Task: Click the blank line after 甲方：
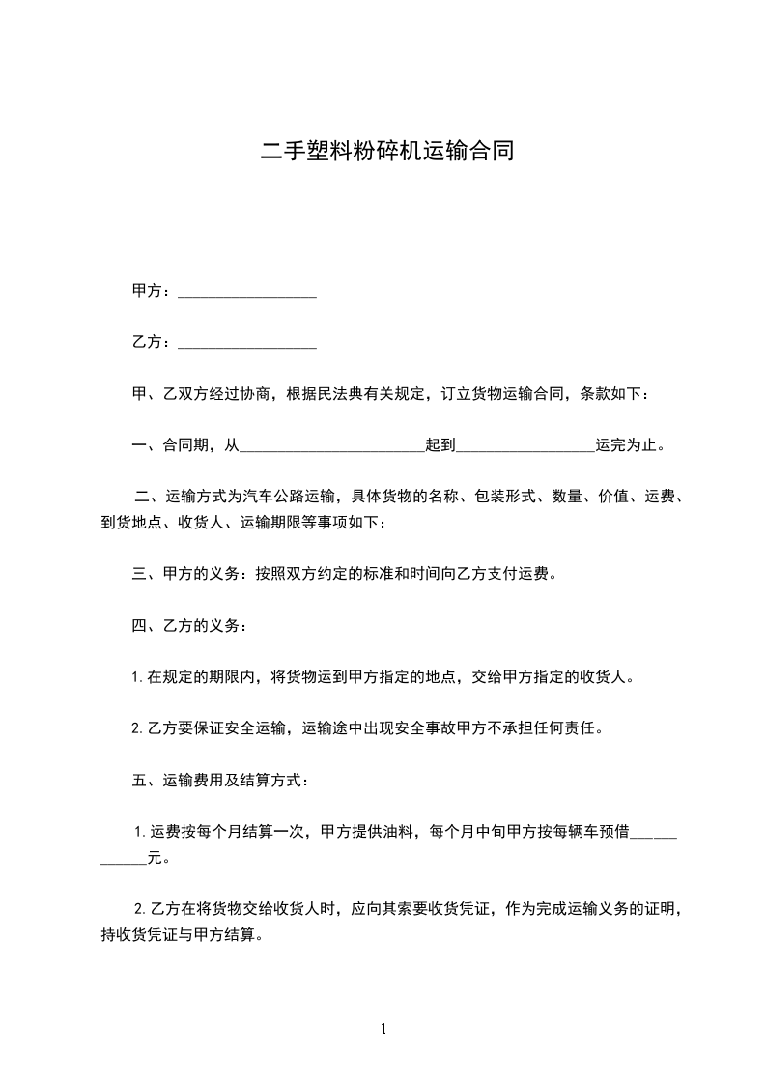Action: point(248,291)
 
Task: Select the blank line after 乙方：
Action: point(248,342)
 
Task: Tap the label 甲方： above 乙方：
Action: point(153,291)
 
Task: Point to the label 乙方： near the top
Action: point(153,342)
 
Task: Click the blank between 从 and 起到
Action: point(331,445)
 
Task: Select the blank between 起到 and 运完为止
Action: point(525,445)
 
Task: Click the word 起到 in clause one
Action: point(440,445)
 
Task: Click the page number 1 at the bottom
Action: point(383,1029)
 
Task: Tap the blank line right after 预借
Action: point(653,832)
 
